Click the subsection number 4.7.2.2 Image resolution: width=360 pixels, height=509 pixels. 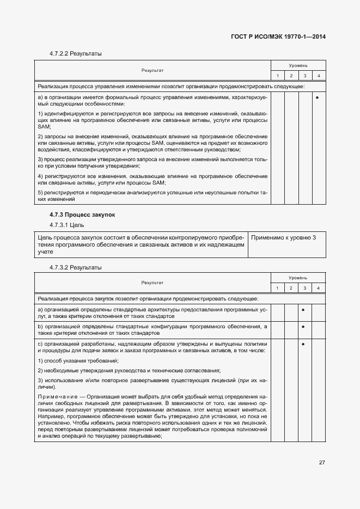(59, 54)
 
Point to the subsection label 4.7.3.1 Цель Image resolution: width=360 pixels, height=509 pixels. (66, 225)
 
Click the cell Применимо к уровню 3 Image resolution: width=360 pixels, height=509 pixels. (283, 238)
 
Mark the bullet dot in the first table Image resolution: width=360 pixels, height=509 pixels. (317, 97)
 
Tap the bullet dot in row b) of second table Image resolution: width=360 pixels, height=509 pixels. (303, 327)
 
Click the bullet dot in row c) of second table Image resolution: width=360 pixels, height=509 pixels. (303, 344)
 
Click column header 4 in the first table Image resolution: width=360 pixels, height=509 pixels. (319, 75)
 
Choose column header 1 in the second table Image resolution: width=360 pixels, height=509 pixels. (277, 287)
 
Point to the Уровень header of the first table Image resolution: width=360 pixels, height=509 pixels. (298, 65)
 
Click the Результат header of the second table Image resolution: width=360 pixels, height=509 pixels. (152, 283)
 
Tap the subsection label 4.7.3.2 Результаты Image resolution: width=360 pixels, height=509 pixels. (76, 267)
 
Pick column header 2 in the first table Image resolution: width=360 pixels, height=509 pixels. (291, 75)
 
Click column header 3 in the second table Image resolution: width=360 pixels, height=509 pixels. (305, 287)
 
